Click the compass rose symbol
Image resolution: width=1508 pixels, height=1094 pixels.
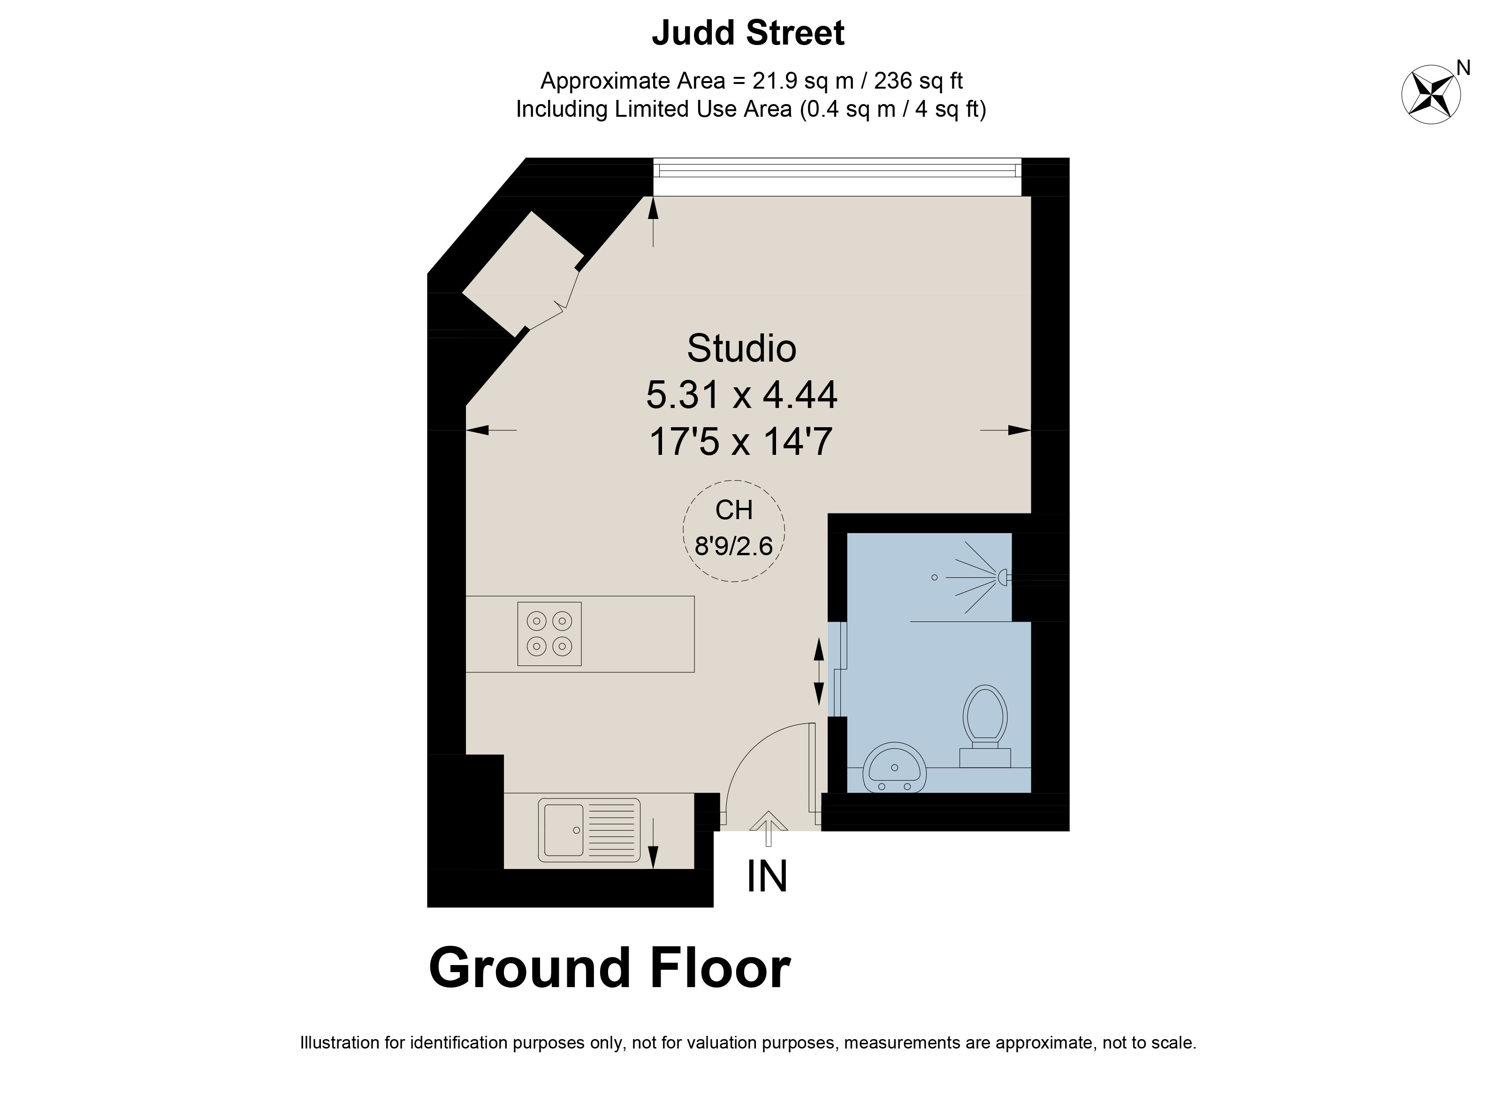pos(1431,94)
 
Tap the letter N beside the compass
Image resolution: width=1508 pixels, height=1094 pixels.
pos(1463,68)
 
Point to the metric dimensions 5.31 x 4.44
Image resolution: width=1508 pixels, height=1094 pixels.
pos(741,395)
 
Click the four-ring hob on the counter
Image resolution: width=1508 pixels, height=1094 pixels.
pos(549,634)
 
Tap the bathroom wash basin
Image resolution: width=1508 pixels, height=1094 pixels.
pos(894,768)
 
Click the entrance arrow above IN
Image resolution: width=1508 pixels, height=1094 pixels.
pos(768,828)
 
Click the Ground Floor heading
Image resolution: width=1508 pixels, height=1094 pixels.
pos(609,968)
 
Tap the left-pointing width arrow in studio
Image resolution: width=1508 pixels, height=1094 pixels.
pos(491,430)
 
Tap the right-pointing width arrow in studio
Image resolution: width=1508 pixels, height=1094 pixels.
pos(1005,430)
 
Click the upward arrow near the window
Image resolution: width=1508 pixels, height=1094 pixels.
pos(653,221)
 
